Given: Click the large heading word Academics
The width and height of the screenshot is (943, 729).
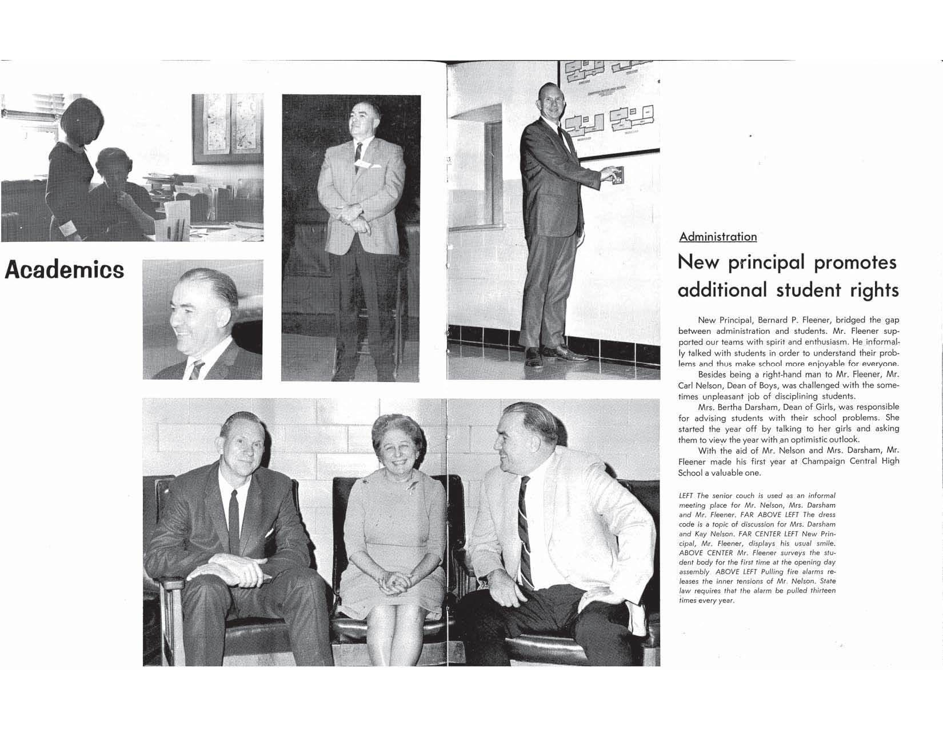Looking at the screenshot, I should coord(64,269).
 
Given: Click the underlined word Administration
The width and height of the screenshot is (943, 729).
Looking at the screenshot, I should coord(718,237).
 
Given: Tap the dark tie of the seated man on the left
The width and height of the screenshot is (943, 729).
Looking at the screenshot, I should coord(234,515).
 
